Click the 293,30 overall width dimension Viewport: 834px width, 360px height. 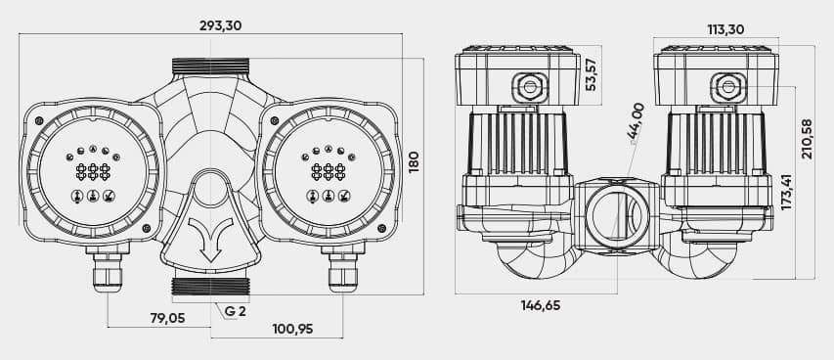coord(220,25)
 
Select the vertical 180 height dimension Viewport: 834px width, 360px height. coord(414,161)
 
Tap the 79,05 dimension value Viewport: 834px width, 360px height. coord(167,318)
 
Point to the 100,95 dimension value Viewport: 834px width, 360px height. coord(292,329)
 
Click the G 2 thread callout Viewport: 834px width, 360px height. coord(235,311)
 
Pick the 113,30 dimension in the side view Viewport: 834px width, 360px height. coord(726,29)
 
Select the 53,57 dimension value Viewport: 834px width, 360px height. coord(592,74)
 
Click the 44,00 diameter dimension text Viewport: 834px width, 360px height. coord(636,121)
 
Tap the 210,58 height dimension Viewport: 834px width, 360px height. coord(808,139)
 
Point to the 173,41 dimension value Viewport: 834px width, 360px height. coord(787,192)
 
